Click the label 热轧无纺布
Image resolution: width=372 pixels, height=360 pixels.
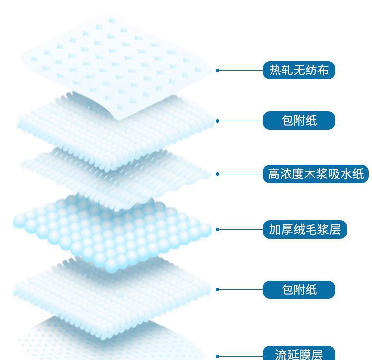pos(299,70)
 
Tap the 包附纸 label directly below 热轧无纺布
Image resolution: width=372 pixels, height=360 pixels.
pos(299,120)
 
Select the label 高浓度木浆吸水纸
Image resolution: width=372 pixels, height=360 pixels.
pos(315,174)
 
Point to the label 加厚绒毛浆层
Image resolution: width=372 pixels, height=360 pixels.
pos(305,229)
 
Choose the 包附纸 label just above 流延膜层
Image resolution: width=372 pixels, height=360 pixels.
pos(299,289)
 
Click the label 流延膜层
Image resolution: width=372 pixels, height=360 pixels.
pos(299,354)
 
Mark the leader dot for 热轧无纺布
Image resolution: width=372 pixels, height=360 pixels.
pos(218,70)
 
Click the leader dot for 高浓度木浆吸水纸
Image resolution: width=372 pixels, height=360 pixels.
pos(218,174)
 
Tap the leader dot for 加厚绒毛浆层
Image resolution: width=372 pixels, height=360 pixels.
pos(218,229)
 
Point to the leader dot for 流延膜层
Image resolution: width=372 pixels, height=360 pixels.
pos(218,356)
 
